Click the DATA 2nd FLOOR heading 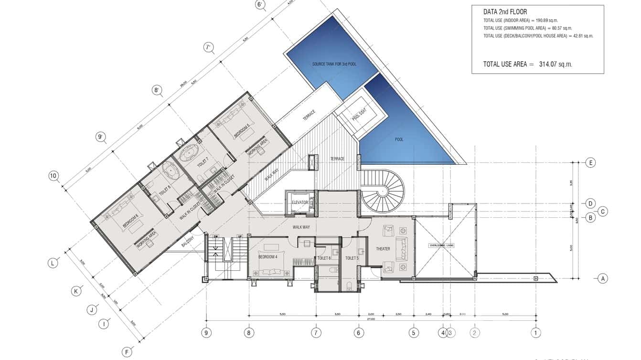click(505, 12)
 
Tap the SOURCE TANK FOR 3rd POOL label click(334, 64)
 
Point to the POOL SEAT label click(359, 117)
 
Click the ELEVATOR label click(300, 202)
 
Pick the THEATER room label click(383, 249)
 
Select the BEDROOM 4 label click(268, 257)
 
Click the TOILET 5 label click(352, 258)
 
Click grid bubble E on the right click(590, 163)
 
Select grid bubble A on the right click(603, 278)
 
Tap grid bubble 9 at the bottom click(206, 333)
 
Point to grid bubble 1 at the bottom click(536, 333)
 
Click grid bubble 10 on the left click(53, 176)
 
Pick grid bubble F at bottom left click(127, 352)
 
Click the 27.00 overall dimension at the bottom click(371, 319)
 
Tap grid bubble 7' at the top click(208, 47)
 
